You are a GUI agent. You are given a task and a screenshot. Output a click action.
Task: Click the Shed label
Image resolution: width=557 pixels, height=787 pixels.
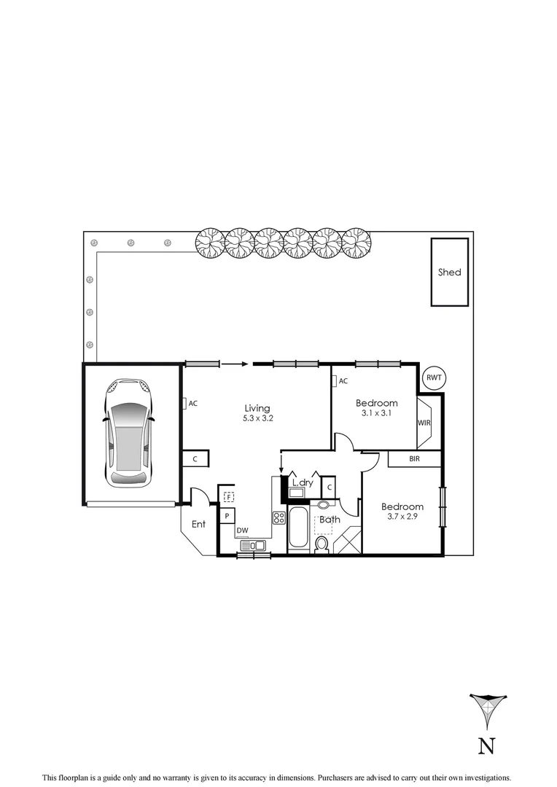pos(449,273)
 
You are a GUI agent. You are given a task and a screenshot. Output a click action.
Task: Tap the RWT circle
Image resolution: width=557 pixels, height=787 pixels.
pos(435,377)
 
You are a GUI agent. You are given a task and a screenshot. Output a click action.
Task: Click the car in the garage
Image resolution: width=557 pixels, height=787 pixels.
pos(128,434)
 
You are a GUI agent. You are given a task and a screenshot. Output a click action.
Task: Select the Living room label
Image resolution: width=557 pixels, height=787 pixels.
pos(257,408)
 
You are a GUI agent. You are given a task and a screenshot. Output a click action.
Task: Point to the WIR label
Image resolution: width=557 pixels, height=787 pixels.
pos(424,423)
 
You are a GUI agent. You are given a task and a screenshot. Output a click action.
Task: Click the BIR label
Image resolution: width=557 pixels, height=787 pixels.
pos(414,459)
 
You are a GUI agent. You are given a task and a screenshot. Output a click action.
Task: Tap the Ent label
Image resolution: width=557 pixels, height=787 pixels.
pos(198,524)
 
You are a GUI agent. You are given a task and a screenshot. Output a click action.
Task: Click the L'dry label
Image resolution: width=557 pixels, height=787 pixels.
pos(302,482)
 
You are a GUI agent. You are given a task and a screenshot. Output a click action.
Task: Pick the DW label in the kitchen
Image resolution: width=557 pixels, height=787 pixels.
pos(242,530)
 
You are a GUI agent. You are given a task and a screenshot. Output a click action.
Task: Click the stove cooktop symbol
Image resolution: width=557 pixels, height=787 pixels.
pos(278,518)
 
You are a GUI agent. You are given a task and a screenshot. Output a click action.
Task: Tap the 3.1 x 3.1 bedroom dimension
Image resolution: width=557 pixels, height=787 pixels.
pos(376,414)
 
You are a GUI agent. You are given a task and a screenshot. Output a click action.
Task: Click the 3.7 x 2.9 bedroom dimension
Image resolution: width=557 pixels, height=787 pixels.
pos(402,517)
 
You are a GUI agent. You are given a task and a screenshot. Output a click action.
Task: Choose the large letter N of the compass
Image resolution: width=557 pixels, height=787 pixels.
pos(486,746)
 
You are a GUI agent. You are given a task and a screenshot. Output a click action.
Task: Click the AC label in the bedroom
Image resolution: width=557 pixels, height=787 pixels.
pos(343,381)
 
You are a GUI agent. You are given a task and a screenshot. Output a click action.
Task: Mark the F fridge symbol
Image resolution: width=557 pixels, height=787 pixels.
pos(228,497)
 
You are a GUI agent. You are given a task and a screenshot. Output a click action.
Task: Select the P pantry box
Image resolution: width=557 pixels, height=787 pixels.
pos(227,516)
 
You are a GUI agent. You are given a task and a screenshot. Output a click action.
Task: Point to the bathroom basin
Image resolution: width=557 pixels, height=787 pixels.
pos(324,504)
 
